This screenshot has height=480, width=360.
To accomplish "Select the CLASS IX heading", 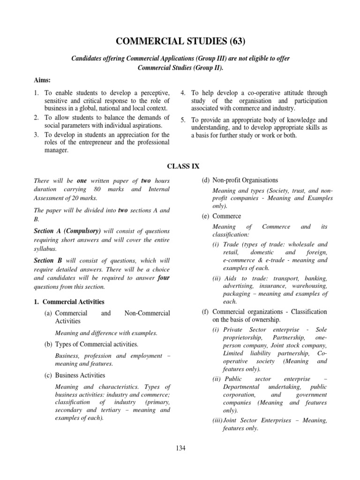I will tap(180, 165).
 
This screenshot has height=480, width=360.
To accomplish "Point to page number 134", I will tap(180, 448).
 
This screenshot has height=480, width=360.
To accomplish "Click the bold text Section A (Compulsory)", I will tap(67, 231).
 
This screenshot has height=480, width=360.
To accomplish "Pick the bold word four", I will tap(163, 277).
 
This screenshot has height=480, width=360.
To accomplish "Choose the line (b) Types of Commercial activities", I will tap(92, 344).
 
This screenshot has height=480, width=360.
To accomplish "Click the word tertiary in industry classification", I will tap(102, 410).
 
